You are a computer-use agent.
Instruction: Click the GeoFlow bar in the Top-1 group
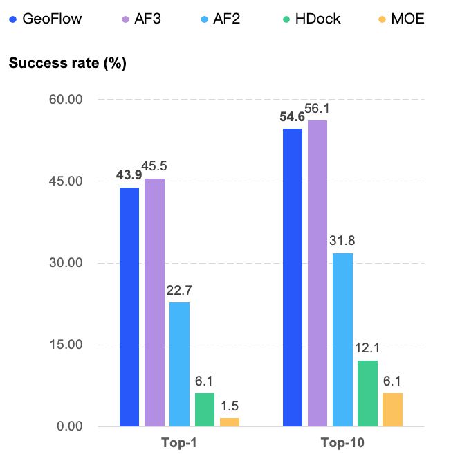coord(129,307)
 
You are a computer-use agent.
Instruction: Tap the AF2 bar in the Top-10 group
coord(342,339)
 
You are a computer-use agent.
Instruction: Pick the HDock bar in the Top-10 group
coord(367,393)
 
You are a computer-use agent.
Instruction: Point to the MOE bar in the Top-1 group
coord(230,422)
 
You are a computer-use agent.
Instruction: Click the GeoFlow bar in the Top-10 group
coord(293,278)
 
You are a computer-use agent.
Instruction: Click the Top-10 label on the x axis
coord(342,443)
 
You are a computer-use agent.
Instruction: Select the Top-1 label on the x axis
coord(179,443)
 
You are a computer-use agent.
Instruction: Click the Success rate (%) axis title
coord(66,63)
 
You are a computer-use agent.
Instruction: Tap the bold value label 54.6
coord(293,118)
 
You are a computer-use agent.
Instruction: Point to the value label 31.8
coord(342,242)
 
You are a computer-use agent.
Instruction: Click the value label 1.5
coord(230,406)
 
